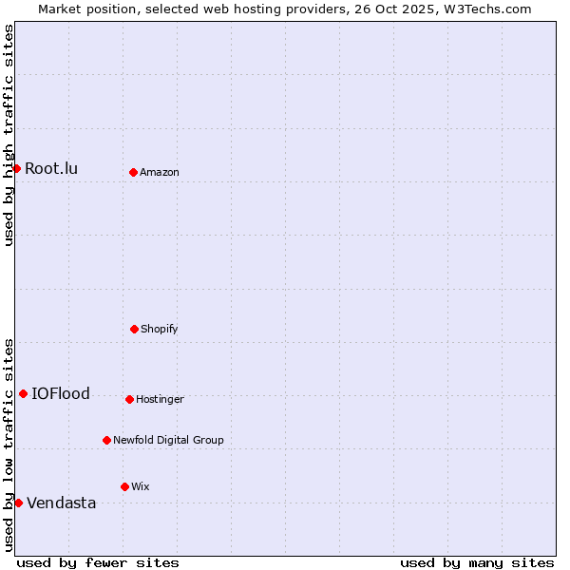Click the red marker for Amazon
[x=133, y=172]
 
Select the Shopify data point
[x=134, y=329]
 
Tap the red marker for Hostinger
[x=129, y=399]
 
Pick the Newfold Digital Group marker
[x=106, y=440]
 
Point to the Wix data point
[x=124, y=486]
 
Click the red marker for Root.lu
[x=16, y=168]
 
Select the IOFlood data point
[x=23, y=393]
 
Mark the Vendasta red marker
[x=18, y=503]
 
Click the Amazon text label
[x=160, y=173]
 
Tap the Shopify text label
[x=160, y=330]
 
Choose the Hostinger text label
[x=160, y=400]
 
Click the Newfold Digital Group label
[x=168, y=441]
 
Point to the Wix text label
[x=141, y=487]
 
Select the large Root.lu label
[x=51, y=169]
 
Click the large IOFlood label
[x=61, y=394]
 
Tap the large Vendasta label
[x=62, y=503]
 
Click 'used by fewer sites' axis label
[x=98, y=562]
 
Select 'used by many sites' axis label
[x=477, y=562]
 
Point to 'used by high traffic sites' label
[x=9, y=135]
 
